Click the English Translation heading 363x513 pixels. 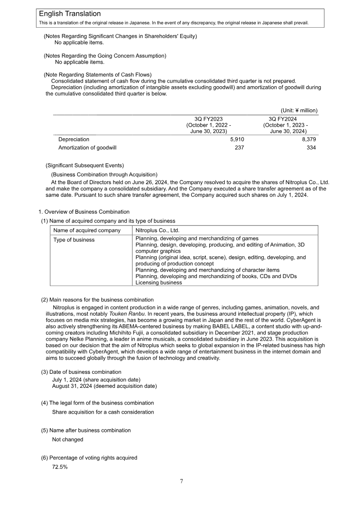pyautogui.click(x=70, y=15)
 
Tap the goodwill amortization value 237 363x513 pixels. pyautogui.click(x=239, y=147)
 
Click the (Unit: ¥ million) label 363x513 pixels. pyautogui.click(x=299, y=110)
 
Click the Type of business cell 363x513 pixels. pyautogui.click(x=74, y=239)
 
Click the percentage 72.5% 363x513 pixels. pyautogui.click(x=60, y=467)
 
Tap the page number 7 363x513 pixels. pyautogui.click(x=181, y=481)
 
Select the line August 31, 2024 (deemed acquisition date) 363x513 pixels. pyautogui.click(x=104, y=386)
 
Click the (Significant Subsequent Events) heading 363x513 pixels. pyautogui.click(x=84, y=166)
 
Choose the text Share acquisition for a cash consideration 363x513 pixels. pyautogui.click(x=103, y=412)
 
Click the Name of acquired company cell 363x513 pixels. pyautogui.click(x=87, y=230)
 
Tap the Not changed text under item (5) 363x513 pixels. pyautogui.click(x=68, y=439)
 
